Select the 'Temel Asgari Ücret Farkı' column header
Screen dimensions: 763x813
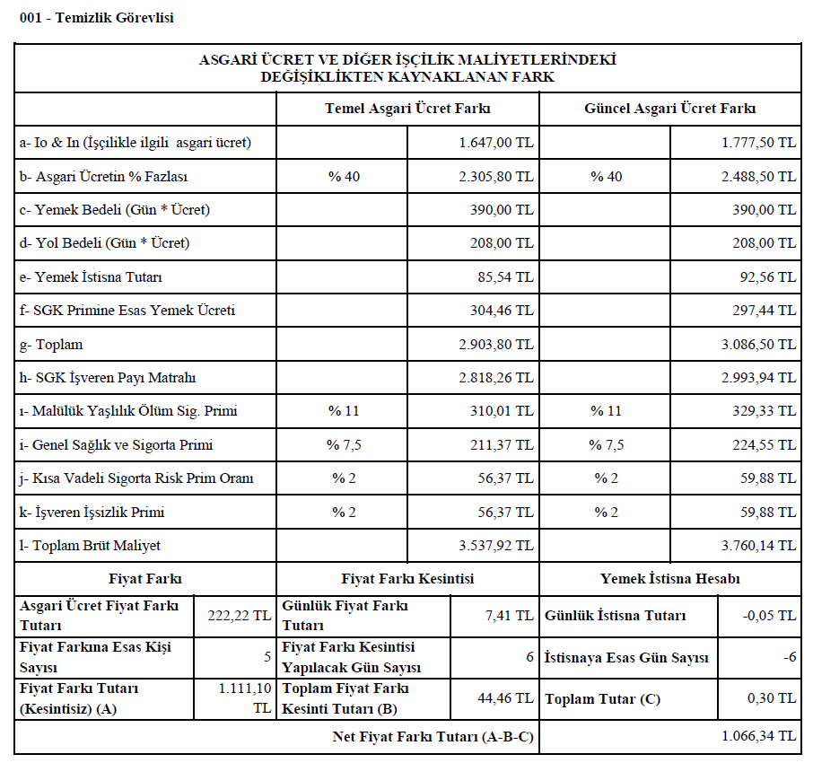point(407,109)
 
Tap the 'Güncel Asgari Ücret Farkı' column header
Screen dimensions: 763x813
point(669,109)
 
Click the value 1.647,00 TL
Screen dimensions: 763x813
point(495,143)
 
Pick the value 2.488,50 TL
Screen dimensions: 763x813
point(758,177)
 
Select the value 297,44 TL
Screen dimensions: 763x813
point(767,311)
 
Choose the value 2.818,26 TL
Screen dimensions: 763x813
point(495,378)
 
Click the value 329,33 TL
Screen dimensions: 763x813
point(767,412)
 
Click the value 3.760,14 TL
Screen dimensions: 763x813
point(758,546)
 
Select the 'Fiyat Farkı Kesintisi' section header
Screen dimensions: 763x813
point(407,579)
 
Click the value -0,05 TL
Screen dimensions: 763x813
point(771,616)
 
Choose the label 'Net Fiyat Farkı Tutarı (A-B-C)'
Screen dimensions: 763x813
point(433,737)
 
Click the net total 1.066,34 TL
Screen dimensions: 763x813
point(758,737)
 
